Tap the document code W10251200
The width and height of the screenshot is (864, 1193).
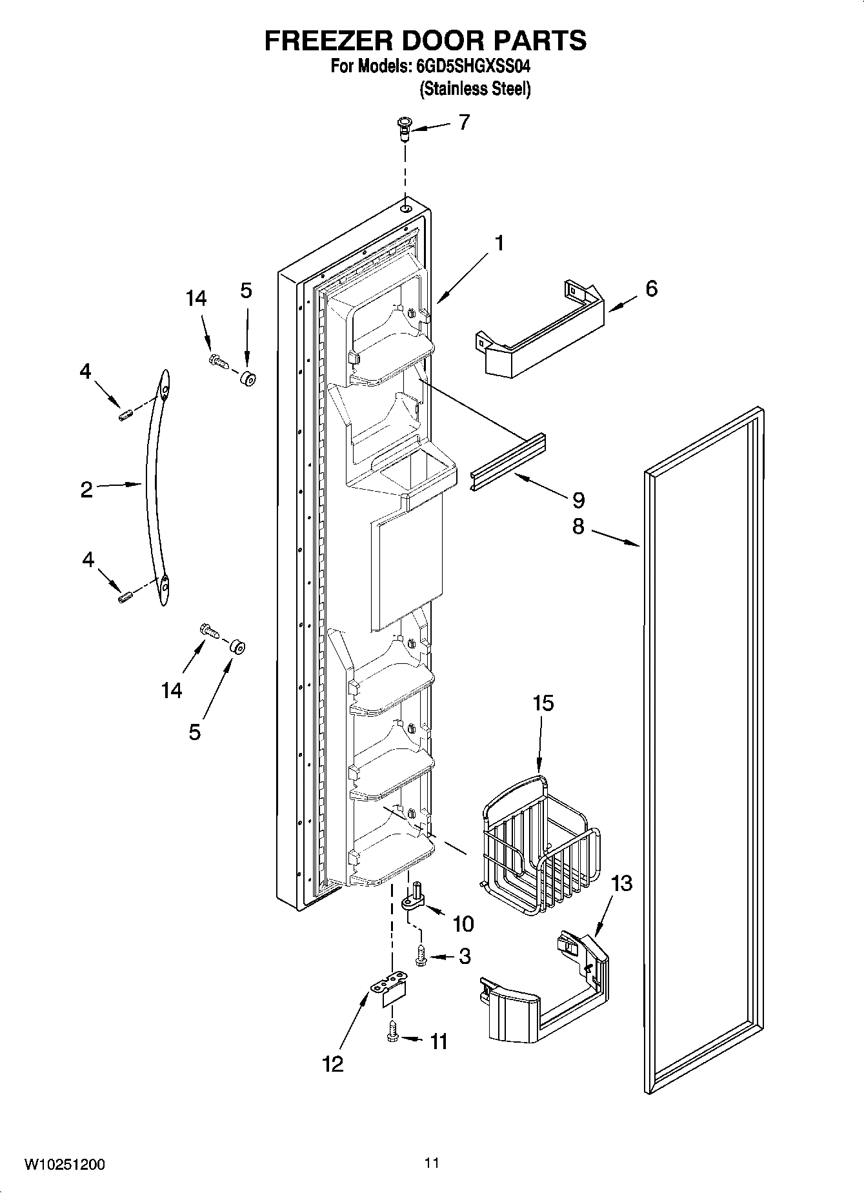[x=65, y=1165]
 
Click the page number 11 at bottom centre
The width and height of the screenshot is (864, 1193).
[x=432, y=1163]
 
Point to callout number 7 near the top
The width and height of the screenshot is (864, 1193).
[x=464, y=122]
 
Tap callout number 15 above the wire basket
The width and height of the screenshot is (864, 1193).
[x=543, y=703]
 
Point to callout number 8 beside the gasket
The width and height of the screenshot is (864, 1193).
[x=578, y=526]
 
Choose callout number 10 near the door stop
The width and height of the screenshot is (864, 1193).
[x=463, y=923]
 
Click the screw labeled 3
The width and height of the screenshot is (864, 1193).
[x=421, y=956]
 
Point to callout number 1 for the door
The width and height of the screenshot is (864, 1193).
[x=498, y=243]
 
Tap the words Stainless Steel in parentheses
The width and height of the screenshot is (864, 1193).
[x=475, y=88]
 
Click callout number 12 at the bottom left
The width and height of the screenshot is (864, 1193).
[x=333, y=1063]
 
